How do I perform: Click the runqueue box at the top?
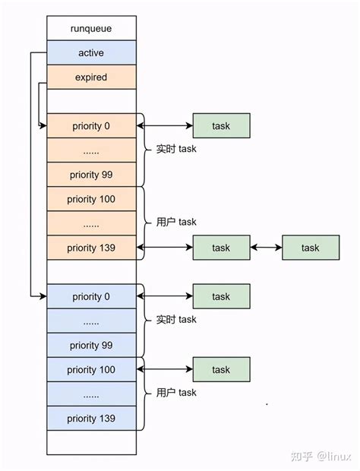click(x=91, y=28)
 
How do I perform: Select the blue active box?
click(x=91, y=52)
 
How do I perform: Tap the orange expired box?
click(x=91, y=77)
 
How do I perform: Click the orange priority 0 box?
click(x=91, y=126)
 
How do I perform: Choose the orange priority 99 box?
click(x=91, y=175)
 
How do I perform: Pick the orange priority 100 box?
click(x=91, y=199)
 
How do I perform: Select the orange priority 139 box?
click(x=91, y=248)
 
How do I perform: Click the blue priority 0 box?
click(x=91, y=296)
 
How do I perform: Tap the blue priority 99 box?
click(x=91, y=345)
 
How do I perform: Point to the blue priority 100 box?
click(x=91, y=369)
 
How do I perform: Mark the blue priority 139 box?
click(x=91, y=419)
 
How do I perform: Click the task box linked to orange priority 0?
click(x=221, y=126)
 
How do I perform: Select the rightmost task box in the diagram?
click(x=310, y=248)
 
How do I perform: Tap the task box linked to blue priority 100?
click(x=221, y=369)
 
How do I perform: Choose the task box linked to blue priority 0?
click(x=221, y=296)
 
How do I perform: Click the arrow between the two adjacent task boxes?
click(x=266, y=248)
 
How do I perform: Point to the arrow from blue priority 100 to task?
click(x=165, y=369)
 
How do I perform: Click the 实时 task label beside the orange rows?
click(x=176, y=150)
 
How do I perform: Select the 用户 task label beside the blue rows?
click(x=176, y=393)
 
